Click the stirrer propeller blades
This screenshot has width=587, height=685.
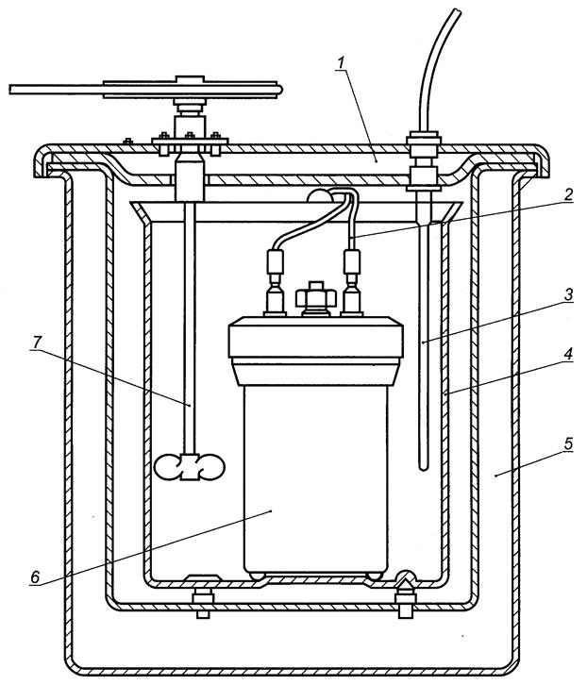point(190,467)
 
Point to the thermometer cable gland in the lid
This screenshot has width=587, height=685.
point(418,151)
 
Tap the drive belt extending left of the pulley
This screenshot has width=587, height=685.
point(57,90)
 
